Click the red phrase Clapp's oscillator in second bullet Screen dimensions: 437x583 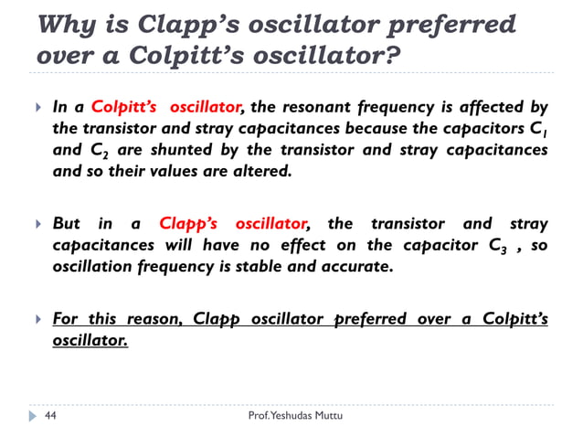point(233,223)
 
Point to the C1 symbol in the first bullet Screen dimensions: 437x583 point(538,130)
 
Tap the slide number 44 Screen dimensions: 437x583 point(50,416)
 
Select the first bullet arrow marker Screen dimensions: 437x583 point(37,107)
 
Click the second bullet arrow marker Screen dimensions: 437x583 point(37,224)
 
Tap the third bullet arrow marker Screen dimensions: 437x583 point(37,319)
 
